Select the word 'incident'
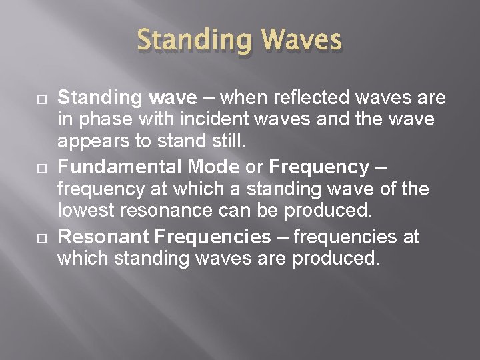[x=196, y=121]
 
